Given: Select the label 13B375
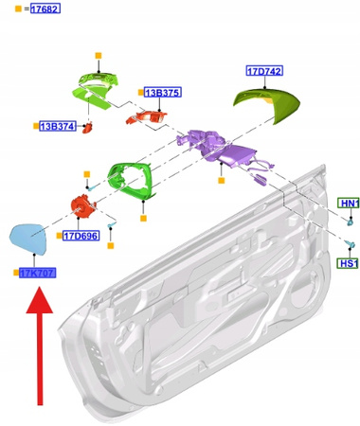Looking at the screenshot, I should [x=162, y=92].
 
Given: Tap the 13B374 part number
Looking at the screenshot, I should [x=58, y=125].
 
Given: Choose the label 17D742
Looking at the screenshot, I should [x=264, y=71].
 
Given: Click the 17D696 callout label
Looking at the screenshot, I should [x=81, y=236].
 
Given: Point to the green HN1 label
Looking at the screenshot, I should [x=350, y=204].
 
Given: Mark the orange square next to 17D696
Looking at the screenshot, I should [x=58, y=236].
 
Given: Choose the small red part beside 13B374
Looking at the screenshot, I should [x=88, y=126].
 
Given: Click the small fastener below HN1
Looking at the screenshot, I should [x=349, y=222].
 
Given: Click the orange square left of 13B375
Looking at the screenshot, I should [x=139, y=92].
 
